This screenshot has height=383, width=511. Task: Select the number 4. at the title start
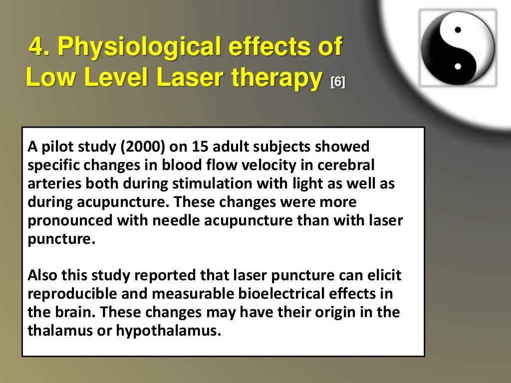pos(39,48)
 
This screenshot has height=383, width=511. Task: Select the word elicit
pos(384,276)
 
